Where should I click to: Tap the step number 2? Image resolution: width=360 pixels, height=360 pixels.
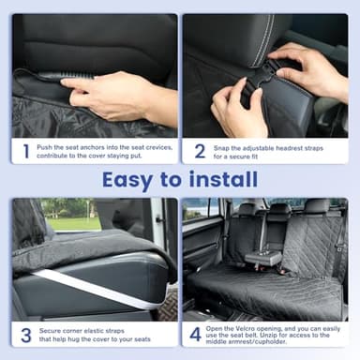(200, 150)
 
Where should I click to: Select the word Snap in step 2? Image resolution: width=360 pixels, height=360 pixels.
(223, 145)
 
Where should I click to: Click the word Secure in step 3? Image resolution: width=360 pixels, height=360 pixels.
(52, 330)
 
